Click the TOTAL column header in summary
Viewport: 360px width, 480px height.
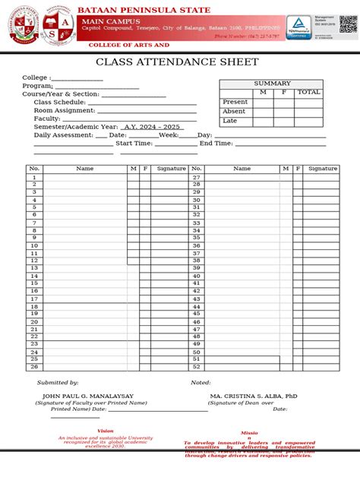(308, 92)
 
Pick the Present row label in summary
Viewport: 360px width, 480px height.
(235, 102)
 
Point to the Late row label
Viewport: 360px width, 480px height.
(229, 121)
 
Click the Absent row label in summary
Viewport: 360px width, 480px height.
(233, 112)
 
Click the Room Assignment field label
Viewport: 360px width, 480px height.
(64, 110)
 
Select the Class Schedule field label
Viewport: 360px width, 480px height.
(59, 102)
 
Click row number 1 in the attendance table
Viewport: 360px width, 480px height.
(34, 178)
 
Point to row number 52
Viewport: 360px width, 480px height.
(196, 367)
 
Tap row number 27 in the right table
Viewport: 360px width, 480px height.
(196, 178)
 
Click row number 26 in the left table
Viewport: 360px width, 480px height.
(34, 367)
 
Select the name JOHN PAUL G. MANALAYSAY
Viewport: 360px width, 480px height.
(88, 396)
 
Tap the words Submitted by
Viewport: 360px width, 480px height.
(58, 383)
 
